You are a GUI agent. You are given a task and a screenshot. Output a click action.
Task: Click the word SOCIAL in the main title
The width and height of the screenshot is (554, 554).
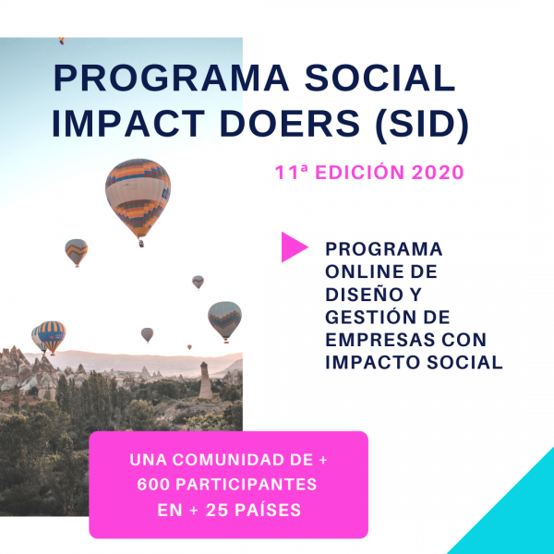click(379, 78)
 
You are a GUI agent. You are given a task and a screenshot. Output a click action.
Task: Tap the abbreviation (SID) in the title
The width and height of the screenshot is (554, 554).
click(422, 124)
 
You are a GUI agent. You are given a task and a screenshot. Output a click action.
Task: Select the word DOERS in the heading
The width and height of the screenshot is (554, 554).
click(290, 124)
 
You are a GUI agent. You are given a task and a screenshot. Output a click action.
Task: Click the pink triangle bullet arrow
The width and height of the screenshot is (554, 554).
click(295, 247)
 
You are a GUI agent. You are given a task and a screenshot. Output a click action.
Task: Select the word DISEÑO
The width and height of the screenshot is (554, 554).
click(364, 294)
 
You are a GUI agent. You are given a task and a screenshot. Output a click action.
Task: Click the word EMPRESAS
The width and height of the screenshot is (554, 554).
click(379, 340)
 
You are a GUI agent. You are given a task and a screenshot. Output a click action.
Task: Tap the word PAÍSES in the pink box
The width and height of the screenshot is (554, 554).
click(268, 510)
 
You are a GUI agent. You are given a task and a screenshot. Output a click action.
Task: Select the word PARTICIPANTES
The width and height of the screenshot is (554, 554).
click(247, 485)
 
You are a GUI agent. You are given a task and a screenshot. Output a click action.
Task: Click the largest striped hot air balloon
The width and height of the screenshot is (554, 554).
click(138, 198)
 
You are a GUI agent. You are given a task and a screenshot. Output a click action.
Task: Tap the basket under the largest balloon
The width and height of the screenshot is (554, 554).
click(141, 244)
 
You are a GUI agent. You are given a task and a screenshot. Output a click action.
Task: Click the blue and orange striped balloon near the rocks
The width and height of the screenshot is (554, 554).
click(52, 336)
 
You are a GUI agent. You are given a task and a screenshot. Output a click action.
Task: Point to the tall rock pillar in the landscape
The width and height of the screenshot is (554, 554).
click(205, 380)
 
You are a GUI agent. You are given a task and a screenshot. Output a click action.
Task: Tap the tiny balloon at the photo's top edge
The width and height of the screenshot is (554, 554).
click(62, 41)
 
